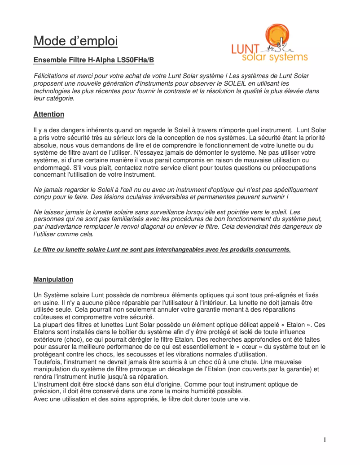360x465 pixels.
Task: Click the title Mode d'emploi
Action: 75,41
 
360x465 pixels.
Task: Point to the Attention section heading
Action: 49,114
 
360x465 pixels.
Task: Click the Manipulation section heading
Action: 53,279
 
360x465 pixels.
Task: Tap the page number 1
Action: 325,440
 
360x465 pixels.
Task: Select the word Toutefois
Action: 48,361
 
